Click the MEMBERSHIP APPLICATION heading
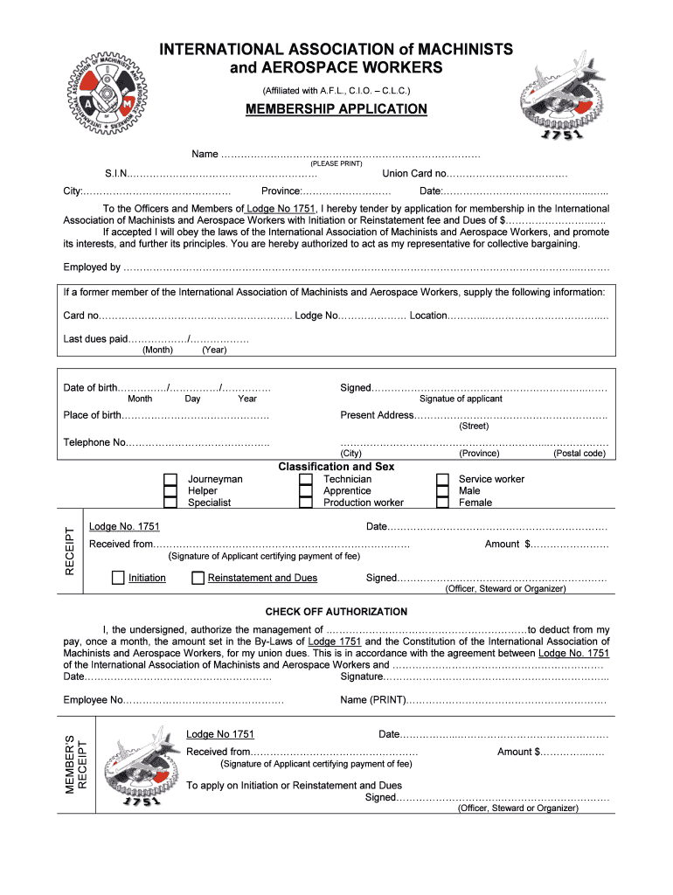[x=336, y=109]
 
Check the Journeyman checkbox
[x=170, y=479]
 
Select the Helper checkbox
[x=170, y=490]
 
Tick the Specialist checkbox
[x=170, y=503]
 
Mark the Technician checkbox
[x=306, y=479]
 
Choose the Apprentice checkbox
[x=306, y=490]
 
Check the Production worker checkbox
[x=306, y=503]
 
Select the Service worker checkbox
[x=442, y=479]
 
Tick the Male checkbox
[x=442, y=490]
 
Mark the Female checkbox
[x=442, y=503]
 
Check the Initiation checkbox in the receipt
[x=118, y=578]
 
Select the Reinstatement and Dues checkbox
[x=198, y=578]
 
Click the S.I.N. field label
[x=115, y=173]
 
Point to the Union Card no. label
[x=414, y=173]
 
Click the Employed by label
[x=92, y=267]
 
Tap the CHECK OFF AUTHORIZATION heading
[x=336, y=612]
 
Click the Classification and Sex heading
[x=336, y=467]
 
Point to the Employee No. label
[x=94, y=700]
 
